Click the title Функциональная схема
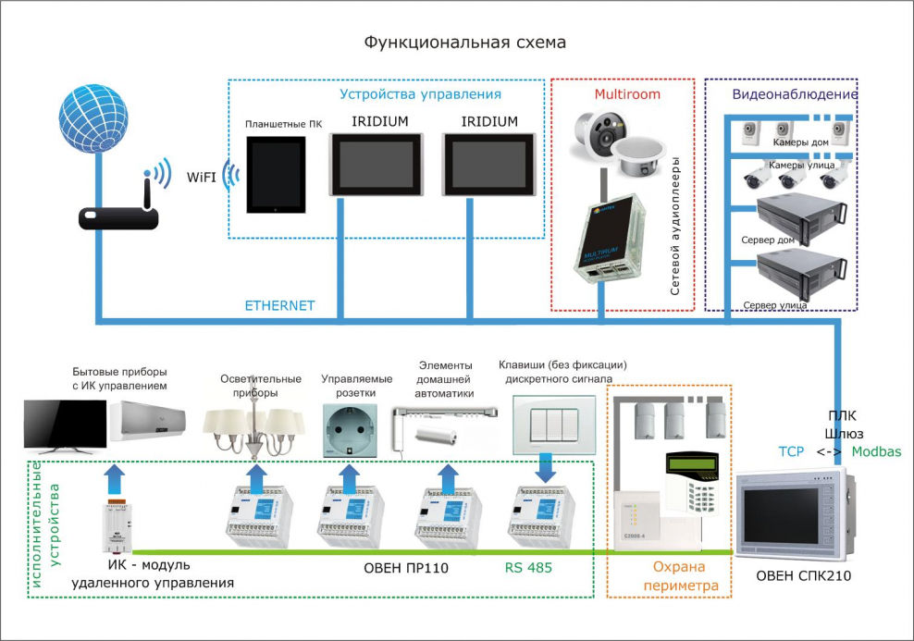pos(463,43)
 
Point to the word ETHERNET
pos(279,305)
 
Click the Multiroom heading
pos(624,94)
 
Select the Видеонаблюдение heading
pos(795,94)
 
